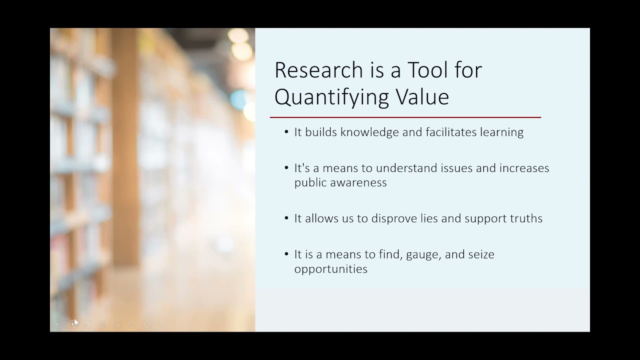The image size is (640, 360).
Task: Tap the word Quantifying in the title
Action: pyautogui.click(x=339, y=96)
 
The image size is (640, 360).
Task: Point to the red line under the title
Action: pyautogui.click(x=405, y=117)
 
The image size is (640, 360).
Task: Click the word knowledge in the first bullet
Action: pyautogui.click(x=371, y=132)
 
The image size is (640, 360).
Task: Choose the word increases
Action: pyautogui.click(x=524, y=168)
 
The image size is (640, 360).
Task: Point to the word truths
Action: pyautogui.click(x=524, y=218)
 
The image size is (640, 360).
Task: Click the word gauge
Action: pyautogui.click(x=423, y=254)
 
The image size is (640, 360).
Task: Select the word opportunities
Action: pyautogui.click(x=330, y=269)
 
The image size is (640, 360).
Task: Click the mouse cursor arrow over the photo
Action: pyautogui.click(x=76, y=322)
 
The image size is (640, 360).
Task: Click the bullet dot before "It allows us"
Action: pyautogui.click(x=286, y=218)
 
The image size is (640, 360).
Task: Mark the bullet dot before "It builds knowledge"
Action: pyautogui.click(x=286, y=132)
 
